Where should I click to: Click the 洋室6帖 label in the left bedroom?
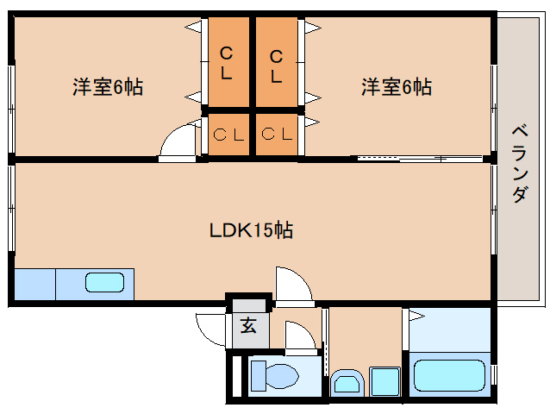(107, 87)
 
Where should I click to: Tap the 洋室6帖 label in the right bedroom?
(396, 87)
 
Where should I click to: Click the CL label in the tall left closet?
(226, 63)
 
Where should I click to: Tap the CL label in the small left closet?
(228, 135)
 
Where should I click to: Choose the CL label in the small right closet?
(278, 135)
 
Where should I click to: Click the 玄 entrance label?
(248, 326)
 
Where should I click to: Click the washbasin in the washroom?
(347, 381)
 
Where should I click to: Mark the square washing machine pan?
(384, 380)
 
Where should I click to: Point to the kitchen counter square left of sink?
(34, 284)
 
